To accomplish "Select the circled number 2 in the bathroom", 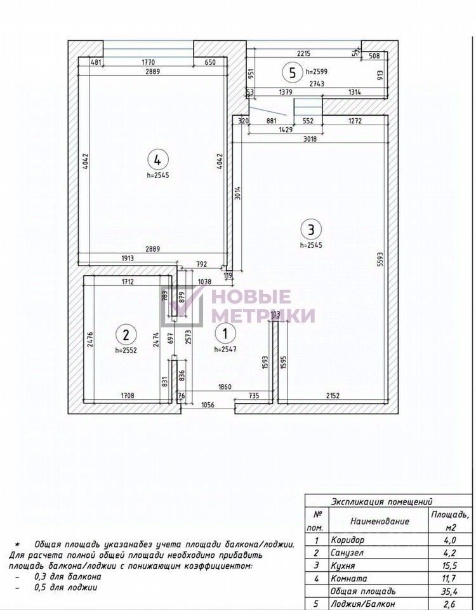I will (x=126, y=334).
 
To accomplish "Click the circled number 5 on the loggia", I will (x=292, y=72).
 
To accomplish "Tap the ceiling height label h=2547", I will (x=227, y=349).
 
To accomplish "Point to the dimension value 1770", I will (x=149, y=62).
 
